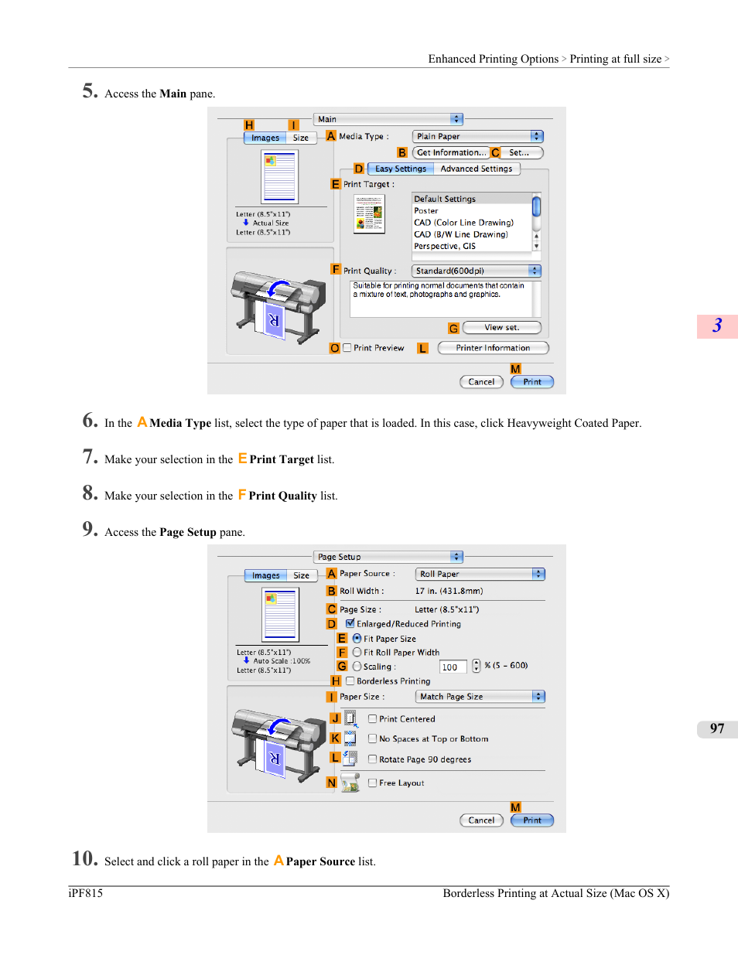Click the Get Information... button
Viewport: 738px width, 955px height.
[450, 152]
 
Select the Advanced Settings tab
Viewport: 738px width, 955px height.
[476, 169]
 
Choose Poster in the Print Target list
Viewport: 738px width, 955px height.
[426, 211]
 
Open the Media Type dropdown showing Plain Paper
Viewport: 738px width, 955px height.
[478, 136]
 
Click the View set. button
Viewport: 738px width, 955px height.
[501, 327]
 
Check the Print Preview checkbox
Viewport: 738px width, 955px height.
[347, 348]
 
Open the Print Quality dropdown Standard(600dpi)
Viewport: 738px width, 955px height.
[476, 271]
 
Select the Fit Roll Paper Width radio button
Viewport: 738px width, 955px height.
[357, 652]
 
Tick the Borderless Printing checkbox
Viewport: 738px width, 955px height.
[350, 680]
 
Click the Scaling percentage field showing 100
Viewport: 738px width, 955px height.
[453, 667]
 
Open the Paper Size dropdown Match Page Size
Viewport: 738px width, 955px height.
[480, 697]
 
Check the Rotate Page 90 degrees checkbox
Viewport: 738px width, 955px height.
[372, 759]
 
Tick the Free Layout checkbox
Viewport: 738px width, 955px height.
[372, 783]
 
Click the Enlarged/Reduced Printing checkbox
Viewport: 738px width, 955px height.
[350, 623]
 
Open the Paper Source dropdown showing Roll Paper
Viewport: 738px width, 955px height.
[480, 574]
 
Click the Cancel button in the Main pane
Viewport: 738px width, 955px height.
[481, 382]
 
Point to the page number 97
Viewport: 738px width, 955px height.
[717, 728]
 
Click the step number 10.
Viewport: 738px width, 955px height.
[85, 858]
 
